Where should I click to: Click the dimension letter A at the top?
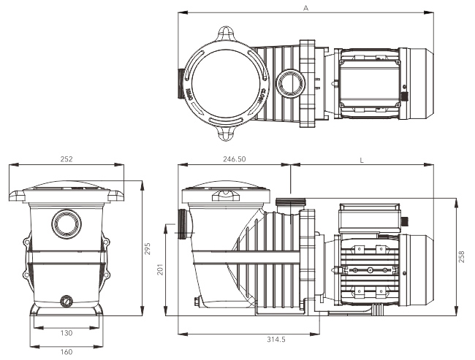click(x=305, y=7)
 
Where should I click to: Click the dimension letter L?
click(x=362, y=158)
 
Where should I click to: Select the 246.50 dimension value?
click(x=234, y=158)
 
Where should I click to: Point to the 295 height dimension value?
click(x=148, y=248)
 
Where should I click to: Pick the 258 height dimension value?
click(x=461, y=256)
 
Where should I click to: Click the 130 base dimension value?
click(x=65, y=333)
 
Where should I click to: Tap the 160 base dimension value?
click(x=65, y=351)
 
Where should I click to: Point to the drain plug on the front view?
click(x=66, y=299)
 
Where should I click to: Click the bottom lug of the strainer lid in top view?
click(x=226, y=134)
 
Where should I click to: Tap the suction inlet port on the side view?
click(x=182, y=223)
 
